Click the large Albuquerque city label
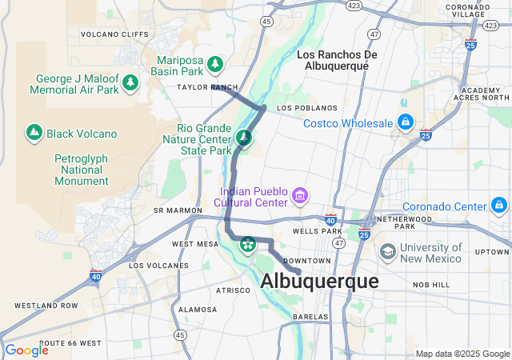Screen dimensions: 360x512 pyautogui.click(x=319, y=282)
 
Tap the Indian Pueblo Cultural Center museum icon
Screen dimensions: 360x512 pyautogui.click(x=299, y=195)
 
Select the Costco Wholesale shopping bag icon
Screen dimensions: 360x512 pyautogui.click(x=406, y=122)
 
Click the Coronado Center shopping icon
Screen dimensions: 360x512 pyautogui.click(x=500, y=206)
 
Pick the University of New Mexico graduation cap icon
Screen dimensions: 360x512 pyautogui.click(x=388, y=252)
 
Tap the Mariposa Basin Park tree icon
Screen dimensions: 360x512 pyautogui.click(x=215, y=64)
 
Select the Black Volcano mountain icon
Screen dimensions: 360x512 pyautogui.click(x=34, y=133)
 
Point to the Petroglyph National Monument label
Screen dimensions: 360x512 pyautogui.click(x=81, y=170)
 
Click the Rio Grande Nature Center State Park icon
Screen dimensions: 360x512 pyautogui.click(x=244, y=138)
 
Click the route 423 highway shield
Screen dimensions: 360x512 pyautogui.click(x=353, y=5)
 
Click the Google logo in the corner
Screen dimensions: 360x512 pyautogui.click(x=26, y=350)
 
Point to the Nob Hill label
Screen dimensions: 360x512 pyautogui.click(x=432, y=285)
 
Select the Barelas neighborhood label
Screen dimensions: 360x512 pyautogui.click(x=310, y=317)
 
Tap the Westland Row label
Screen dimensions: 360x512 pyautogui.click(x=46, y=306)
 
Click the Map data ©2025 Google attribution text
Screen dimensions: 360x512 pyautogui.click(x=462, y=354)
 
